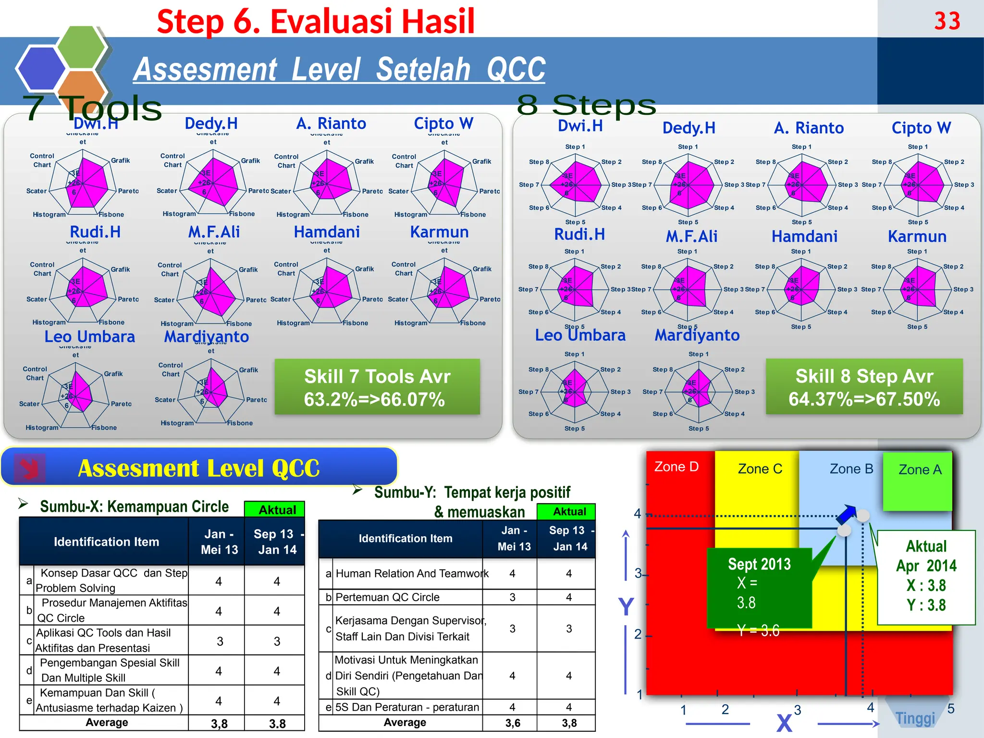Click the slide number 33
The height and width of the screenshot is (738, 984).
click(x=947, y=21)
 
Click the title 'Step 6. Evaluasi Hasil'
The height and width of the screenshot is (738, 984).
click(x=316, y=22)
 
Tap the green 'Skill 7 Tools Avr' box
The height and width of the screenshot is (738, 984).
click(x=377, y=387)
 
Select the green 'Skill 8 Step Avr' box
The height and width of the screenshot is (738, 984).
click(x=864, y=387)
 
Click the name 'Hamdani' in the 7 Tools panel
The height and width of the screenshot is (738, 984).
click(x=327, y=232)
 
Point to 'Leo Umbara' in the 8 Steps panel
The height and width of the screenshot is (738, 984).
click(x=580, y=335)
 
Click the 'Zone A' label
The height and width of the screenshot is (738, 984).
click(x=920, y=469)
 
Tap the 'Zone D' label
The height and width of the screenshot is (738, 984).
click(x=676, y=467)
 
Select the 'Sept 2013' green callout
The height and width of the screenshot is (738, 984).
click(x=759, y=588)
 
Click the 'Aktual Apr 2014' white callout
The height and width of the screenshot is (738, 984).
click(x=926, y=576)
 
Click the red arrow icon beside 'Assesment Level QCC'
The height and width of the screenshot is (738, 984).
click(x=30, y=467)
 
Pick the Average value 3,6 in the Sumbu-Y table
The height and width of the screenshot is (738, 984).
click(x=513, y=723)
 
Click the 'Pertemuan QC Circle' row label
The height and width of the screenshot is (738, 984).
click(x=387, y=597)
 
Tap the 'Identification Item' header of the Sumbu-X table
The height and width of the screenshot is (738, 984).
click(x=106, y=542)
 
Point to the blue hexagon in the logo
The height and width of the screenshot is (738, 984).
click(x=41, y=68)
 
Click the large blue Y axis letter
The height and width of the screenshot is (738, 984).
click(x=626, y=607)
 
